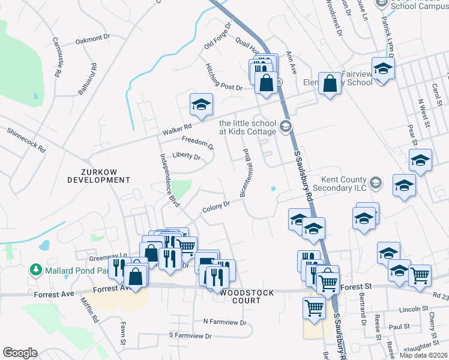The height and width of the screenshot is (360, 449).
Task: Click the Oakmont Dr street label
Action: coord(93,40)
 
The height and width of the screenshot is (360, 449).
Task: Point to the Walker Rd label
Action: coord(176,127)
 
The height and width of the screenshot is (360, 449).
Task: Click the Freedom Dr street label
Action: coord(197,142)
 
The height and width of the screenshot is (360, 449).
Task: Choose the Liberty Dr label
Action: coord(186,156)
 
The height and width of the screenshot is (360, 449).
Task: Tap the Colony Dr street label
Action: coord(216,206)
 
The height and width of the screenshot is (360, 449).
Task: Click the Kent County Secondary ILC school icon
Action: coord(376,182)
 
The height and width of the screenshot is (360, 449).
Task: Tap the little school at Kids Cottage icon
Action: coord(285,125)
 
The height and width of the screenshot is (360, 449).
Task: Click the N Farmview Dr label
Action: coord(225,322)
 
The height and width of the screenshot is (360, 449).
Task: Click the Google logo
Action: coord(20,352)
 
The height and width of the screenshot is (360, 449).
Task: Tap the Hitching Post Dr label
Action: coord(223,78)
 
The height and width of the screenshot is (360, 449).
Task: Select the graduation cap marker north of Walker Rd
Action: coord(202,104)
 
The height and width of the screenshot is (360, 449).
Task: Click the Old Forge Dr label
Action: coord(217,37)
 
